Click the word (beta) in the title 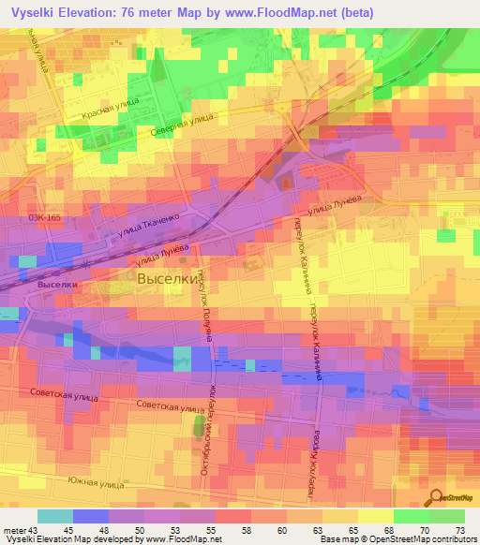(352, 13)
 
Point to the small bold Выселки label (55, 282)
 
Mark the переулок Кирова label (315, 454)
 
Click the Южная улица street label (97, 479)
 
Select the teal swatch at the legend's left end (55, 516)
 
